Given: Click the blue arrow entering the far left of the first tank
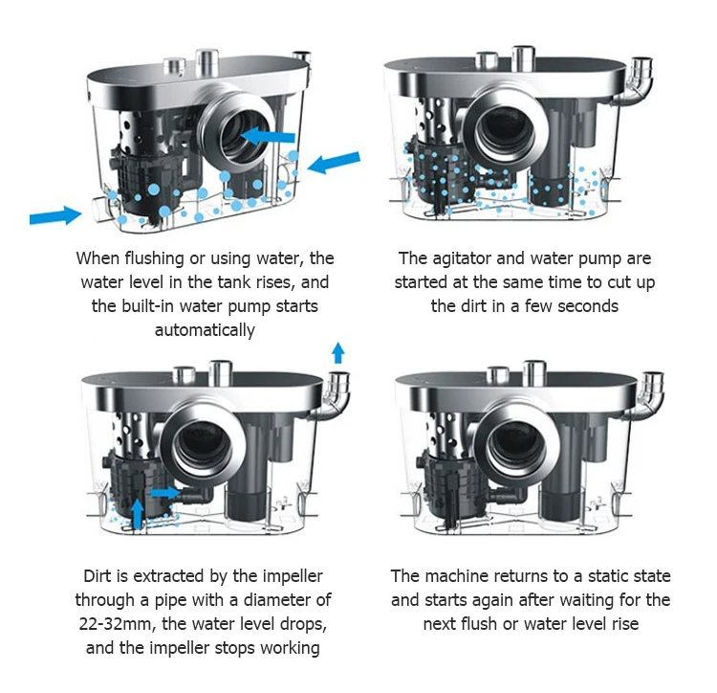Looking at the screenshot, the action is pos(55,214).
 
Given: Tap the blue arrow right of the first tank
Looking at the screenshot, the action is pos(334,162).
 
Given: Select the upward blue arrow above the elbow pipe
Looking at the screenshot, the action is pos(337,351).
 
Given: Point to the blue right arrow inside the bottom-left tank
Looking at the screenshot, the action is pos(165,492).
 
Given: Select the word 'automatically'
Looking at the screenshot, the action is pos(205,330).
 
